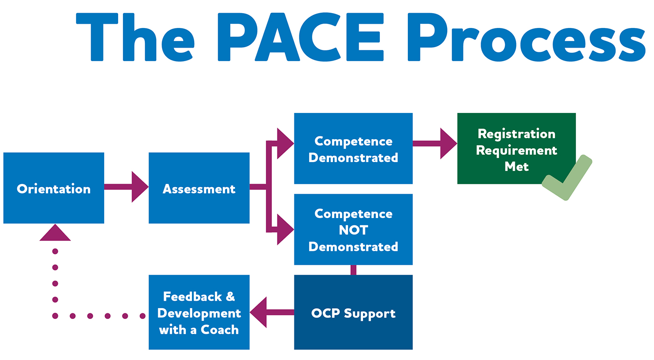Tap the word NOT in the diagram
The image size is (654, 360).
point(353,230)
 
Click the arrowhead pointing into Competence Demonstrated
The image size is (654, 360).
point(284,143)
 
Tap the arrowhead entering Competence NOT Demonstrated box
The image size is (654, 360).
point(284,229)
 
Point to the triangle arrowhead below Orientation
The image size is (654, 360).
point(55,233)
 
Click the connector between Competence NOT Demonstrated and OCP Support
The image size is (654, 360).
point(353,270)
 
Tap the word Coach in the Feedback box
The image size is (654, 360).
point(220,330)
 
